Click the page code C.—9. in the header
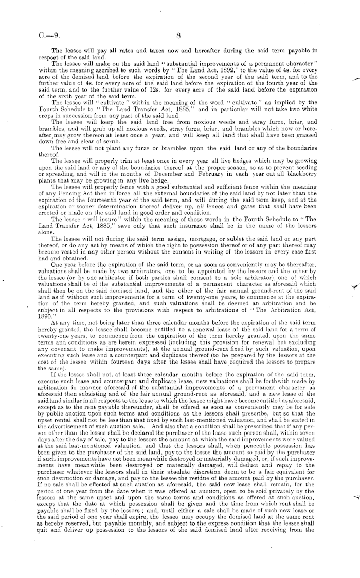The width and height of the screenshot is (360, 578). pyautogui.click(x=48, y=37)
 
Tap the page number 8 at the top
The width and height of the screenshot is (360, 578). pyautogui.click(x=178, y=37)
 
